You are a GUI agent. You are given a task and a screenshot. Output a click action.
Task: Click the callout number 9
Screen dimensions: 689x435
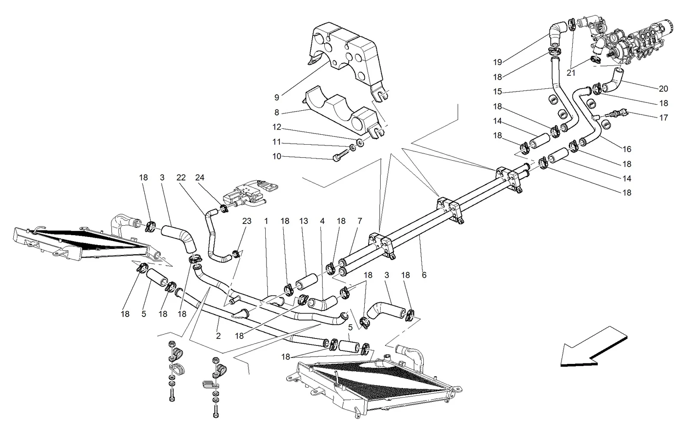pos(277,97)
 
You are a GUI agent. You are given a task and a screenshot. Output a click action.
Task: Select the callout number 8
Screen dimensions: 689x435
pos(277,112)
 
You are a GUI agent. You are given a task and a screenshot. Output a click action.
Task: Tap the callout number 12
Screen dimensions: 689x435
pos(277,127)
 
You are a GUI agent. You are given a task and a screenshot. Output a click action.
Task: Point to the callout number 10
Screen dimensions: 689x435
pos(277,156)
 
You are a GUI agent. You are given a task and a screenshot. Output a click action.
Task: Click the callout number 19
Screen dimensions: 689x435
pos(498,62)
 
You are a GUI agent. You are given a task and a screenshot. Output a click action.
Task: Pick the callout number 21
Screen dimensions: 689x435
pos(571,73)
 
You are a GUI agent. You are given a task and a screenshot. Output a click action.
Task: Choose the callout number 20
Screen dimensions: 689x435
pos(664,89)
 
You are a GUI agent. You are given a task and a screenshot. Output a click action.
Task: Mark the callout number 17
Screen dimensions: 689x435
pos(664,118)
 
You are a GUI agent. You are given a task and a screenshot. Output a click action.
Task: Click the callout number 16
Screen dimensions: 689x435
pos(627,149)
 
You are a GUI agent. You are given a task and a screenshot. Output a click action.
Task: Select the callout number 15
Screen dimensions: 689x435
pos(497,92)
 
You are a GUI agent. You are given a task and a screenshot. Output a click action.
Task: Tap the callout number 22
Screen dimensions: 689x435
pos(181,177)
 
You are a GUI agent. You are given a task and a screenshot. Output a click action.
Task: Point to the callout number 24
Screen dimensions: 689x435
pos(200,177)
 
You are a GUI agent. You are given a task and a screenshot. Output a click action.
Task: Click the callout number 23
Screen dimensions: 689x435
pos(247,221)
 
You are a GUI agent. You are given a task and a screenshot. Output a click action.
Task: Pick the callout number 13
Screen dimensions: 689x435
pos(304,221)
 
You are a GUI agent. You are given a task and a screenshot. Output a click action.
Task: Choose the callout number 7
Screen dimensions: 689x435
pos(360,221)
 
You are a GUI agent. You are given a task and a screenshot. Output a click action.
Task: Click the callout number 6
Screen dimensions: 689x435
pos(424,275)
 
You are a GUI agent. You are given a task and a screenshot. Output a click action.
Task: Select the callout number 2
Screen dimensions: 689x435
pos(218,336)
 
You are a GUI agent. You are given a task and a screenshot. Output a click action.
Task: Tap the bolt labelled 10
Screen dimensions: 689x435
pos(342,155)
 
